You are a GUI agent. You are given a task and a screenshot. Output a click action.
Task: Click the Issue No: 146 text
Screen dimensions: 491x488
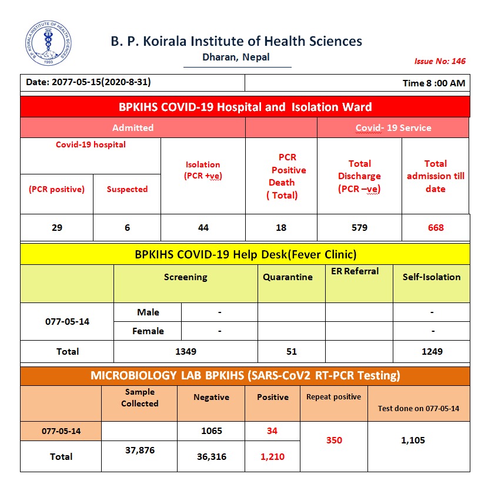440,61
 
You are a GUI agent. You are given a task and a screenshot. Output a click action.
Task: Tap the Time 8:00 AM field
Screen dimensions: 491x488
434,83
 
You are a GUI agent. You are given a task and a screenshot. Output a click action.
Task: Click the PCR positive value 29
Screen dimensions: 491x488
57,228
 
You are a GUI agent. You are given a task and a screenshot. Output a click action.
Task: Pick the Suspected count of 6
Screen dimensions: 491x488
127,228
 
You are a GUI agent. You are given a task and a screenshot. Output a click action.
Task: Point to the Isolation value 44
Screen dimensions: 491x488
203,228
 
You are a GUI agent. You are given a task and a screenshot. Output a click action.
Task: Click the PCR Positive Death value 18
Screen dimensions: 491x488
282,228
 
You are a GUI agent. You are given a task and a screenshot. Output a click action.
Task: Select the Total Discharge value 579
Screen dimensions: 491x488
359,228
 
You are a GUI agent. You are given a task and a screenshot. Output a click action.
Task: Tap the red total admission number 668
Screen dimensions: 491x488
436,228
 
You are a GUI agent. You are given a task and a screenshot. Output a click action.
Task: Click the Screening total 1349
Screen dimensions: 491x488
186,352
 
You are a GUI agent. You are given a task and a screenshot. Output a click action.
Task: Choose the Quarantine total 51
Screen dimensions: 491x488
292,352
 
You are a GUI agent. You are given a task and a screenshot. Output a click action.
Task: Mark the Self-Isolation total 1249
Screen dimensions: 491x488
432,352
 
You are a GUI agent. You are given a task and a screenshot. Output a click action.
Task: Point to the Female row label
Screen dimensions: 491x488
148,331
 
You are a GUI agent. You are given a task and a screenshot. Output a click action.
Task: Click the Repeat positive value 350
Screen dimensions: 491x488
334,440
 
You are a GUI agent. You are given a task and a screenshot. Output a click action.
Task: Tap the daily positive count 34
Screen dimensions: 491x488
272,431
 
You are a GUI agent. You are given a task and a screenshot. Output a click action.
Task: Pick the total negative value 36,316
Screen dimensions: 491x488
212,456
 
